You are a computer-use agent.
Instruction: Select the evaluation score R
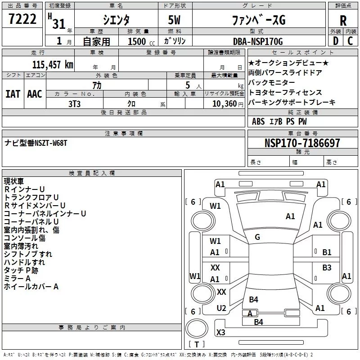pyautogui.click(x=343, y=21)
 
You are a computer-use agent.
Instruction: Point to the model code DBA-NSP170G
pyautogui.click(x=252, y=41)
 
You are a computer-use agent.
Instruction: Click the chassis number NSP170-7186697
pyautogui.click(x=302, y=144)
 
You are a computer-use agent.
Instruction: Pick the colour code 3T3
pyautogui.click(x=74, y=103)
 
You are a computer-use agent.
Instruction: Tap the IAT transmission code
pyautogui.click(x=13, y=94)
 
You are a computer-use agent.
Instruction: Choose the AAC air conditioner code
pyautogui.click(x=35, y=94)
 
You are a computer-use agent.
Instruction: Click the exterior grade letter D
pyautogui.click(x=335, y=41)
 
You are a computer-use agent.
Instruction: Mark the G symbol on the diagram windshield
pyautogui.click(x=257, y=237)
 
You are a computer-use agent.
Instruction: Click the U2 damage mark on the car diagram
pyautogui.click(x=221, y=308)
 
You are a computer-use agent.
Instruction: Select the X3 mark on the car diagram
pyautogui.click(x=220, y=333)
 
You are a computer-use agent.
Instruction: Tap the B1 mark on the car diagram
pyautogui.click(x=327, y=252)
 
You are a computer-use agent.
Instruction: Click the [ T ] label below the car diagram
pyautogui.click(x=197, y=345)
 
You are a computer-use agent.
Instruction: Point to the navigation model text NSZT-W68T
pyautogui.click(x=45, y=143)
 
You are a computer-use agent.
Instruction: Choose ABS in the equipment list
pyautogui.click(x=258, y=121)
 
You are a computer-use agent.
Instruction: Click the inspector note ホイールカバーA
pyautogui.click(x=31, y=286)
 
